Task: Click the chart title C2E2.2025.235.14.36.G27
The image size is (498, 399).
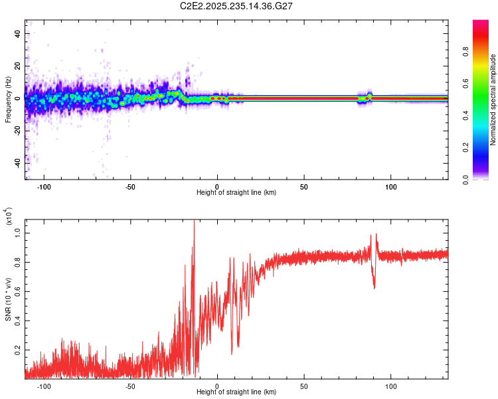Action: click(x=237, y=7)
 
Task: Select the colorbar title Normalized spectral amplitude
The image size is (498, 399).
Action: click(x=493, y=100)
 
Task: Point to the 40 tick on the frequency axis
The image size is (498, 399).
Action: click(x=18, y=33)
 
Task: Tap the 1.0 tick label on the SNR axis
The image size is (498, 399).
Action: click(x=18, y=231)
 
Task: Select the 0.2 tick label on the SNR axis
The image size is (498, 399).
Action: click(x=18, y=349)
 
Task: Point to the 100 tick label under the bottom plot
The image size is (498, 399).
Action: click(x=391, y=386)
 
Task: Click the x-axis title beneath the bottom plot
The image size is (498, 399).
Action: click(x=237, y=392)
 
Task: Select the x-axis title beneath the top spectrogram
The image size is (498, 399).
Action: click(x=237, y=192)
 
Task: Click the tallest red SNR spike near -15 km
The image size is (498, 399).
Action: click(x=194, y=223)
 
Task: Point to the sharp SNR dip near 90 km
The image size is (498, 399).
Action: click(x=374, y=287)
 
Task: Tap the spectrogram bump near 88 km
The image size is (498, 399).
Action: click(x=370, y=94)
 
